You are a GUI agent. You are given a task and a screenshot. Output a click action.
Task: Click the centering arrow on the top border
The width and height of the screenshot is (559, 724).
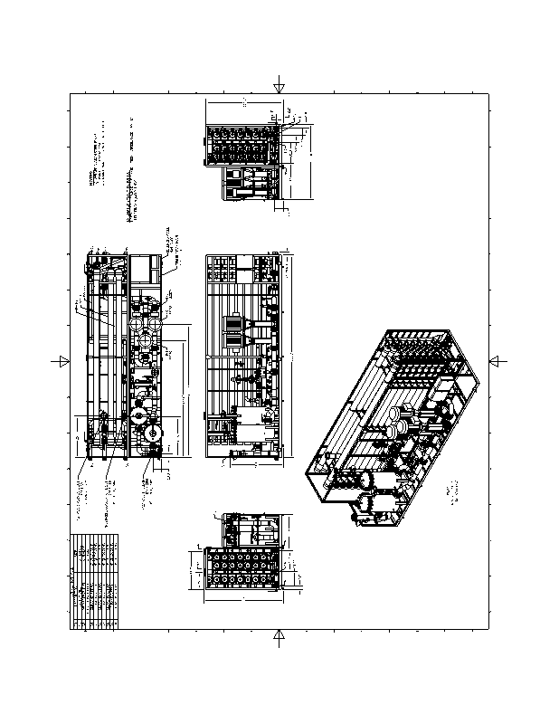(279, 87)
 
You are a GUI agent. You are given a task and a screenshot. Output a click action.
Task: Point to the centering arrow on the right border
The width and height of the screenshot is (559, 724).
(496, 361)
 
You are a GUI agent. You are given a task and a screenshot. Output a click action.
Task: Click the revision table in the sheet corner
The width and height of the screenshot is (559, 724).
(94, 580)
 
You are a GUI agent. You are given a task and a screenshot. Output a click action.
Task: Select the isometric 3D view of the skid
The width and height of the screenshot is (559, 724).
(392, 425)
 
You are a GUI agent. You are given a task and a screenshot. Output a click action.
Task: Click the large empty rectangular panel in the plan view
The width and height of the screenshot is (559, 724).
(144, 269)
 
